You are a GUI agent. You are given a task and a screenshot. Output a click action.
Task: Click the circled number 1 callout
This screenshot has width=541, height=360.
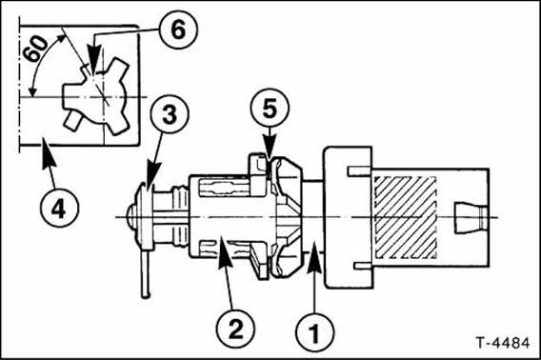(x=314, y=332)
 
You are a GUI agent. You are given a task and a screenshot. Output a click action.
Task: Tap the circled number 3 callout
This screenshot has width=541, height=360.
(x=170, y=114)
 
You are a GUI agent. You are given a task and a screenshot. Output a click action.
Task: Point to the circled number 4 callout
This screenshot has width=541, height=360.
(x=59, y=208)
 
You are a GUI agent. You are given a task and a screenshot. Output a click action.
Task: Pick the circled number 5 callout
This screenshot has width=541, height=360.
(x=270, y=108)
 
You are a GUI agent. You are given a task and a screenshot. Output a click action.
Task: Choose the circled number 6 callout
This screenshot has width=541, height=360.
(x=178, y=30)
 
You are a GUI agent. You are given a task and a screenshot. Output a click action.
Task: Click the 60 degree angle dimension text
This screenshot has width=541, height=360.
(x=35, y=49)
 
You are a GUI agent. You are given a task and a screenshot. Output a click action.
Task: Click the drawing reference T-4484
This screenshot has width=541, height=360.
(x=502, y=343)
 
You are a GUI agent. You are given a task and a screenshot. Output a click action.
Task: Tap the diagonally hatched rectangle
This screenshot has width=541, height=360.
(x=405, y=217)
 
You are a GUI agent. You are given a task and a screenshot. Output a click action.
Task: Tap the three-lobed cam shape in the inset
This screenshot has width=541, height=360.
(x=96, y=97)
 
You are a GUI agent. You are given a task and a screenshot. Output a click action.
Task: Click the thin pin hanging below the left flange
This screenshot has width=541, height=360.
(x=146, y=273)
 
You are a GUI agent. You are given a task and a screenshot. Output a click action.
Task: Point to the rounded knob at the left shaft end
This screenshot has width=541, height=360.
(x=131, y=216)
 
